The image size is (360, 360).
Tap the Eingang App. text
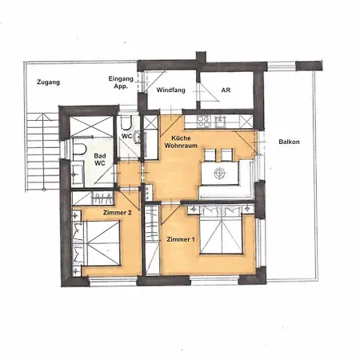(121, 82)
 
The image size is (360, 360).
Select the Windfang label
(171, 90)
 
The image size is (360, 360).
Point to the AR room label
(226, 90)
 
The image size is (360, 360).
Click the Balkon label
(289, 142)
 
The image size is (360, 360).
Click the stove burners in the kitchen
(202, 122)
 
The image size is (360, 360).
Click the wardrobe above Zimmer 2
(95, 198)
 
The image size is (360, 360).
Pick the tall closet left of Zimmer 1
(150, 240)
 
